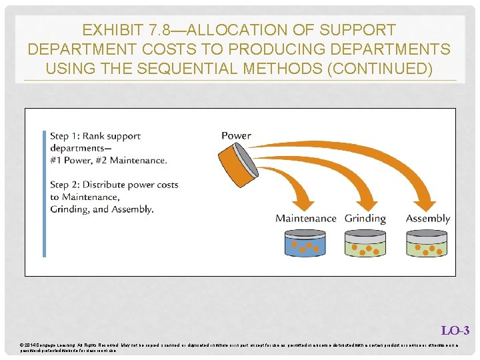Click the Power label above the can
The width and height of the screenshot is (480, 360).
[x=236, y=135]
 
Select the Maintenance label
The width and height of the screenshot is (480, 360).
[x=306, y=219]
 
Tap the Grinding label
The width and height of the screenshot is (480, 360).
[x=365, y=219]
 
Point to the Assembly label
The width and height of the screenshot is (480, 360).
[x=427, y=219]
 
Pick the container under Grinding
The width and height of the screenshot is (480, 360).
[x=365, y=244]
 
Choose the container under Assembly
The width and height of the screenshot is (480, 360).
[x=427, y=244]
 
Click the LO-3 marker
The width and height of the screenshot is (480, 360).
[x=455, y=330]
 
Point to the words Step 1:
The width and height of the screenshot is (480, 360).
[x=66, y=136]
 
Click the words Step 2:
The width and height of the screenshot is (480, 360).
[x=66, y=185]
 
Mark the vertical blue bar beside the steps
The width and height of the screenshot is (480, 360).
[x=45, y=193]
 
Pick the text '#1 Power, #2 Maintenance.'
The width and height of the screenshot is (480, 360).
[x=108, y=160]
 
